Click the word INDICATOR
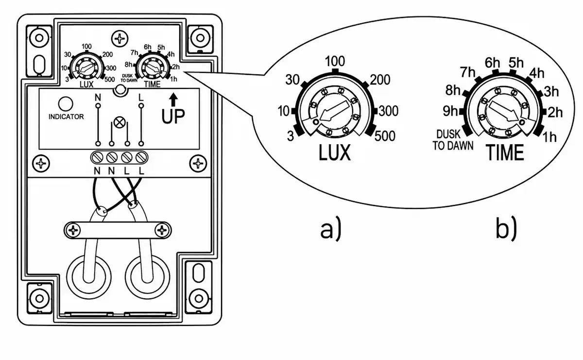click(x=66, y=117)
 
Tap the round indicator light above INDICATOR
click(x=66, y=104)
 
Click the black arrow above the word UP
click(x=173, y=100)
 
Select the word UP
click(x=173, y=116)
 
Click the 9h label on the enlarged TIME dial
click(x=450, y=111)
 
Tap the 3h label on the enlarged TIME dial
click(x=551, y=92)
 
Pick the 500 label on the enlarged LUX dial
click(x=385, y=136)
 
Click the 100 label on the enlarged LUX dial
click(x=335, y=61)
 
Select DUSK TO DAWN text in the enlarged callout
click(x=453, y=140)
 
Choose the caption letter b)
click(x=506, y=228)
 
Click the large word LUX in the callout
click(x=335, y=153)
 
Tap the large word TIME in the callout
click(x=505, y=153)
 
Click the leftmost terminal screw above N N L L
click(x=97, y=157)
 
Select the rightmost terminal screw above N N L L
click(x=141, y=157)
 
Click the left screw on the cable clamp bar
click(x=73, y=230)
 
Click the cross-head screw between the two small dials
click(x=120, y=39)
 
